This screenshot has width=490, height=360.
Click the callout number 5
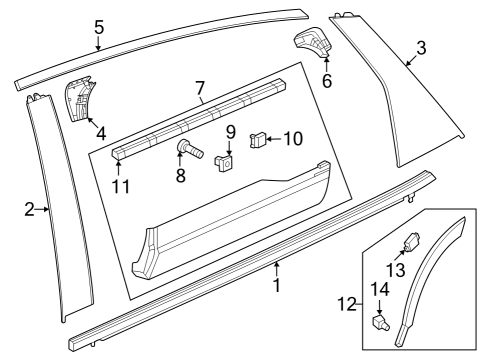point(99,27)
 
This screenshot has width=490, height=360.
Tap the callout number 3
point(421,48)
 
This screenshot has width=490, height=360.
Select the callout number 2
point(29,210)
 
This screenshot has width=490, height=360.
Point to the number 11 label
point(120,186)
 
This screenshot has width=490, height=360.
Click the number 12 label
point(347,304)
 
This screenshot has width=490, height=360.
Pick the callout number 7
point(199,88)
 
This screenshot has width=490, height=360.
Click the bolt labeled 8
point(189,149)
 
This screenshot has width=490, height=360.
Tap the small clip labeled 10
point(258,140)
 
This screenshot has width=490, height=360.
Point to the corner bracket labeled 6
point(313,42)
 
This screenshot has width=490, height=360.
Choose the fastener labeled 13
point(412,241)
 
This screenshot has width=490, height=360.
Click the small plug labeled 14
point(381,322)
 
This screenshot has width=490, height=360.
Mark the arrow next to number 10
point(274,139)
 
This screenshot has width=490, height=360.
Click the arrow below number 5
point(98,43)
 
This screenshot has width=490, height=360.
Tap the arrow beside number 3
point(411,61)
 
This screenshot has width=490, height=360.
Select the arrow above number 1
point(276,269)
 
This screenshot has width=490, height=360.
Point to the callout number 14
point(380,289)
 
